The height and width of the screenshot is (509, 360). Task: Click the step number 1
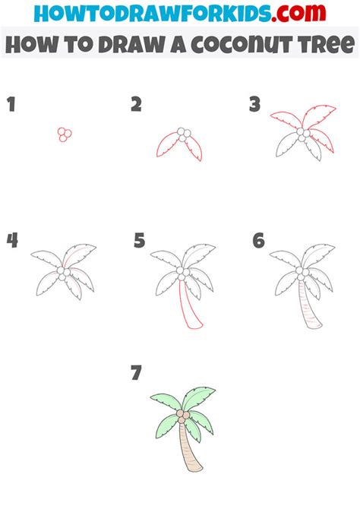tap(11, 104)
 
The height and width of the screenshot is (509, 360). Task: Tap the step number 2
tap(137, 104)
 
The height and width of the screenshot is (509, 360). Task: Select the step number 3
tap(255, 104)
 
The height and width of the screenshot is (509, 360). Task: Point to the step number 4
tap(12, 240)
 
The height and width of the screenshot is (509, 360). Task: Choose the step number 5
tap(140, 241)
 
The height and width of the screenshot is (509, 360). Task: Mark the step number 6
tap(259, 241)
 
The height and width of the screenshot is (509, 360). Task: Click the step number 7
tap(137, 372)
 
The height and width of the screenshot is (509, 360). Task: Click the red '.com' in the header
tap(298, 13)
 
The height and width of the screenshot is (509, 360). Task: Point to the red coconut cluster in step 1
tap(65, 134)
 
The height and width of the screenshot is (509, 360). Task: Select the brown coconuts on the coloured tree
tap(183, 416)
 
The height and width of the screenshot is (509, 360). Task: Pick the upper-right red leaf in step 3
tap(317, 116)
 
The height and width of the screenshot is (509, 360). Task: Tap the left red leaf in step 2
tap(167, 145)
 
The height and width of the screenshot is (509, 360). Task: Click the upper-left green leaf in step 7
tap(166, 401)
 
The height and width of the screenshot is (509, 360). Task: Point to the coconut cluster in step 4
tap(65, 273)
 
